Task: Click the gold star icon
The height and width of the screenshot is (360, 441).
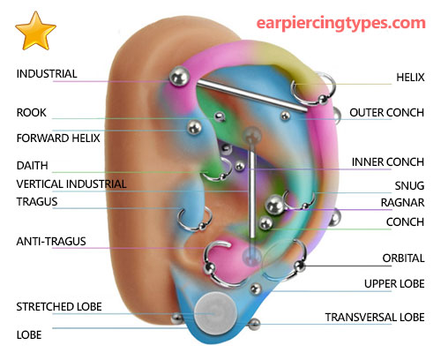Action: pyautogui.click(x=35, y=31)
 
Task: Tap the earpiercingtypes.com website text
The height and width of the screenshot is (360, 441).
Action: pyautogui.click(x=341, y=23)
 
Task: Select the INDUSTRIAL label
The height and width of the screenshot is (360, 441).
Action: pyautogui.click(x=47, y=74)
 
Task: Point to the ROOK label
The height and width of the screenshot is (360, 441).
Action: pyautogui.click(x=32, y=113)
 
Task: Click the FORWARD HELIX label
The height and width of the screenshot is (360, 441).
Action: pyautogui.click(x=58, y=139)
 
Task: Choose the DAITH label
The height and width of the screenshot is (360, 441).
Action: pyautogui.click(x=33, y=166)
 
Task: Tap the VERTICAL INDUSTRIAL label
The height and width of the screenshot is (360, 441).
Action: pyautogui.click(x=71, y=184)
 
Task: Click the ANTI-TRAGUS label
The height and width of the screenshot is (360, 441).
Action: pyautogui.click(x=51, y=242)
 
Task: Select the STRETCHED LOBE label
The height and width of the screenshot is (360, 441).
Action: pyautogui.click(x=59, y=307)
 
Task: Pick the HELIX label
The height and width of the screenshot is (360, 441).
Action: pyautogui.click(x=410, y=78)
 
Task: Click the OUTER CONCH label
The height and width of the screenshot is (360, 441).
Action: pyautogui.click(x=387, y=113)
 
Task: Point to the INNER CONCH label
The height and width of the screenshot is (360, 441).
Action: pyautogui.click(x=388, y=162)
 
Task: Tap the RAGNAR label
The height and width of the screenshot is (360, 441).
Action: pyautogui.click(x=402, y=203)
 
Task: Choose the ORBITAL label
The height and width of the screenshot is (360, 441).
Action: pyautogui.click(x=403, y=259)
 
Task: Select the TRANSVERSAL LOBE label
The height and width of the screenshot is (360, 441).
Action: pyautogui.click(x=375, y=318)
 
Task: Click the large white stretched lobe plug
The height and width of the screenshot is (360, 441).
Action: pyautogui.click(x=216, y=314)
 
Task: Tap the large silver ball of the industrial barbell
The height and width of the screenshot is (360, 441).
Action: pyautogui.click(x=179, y=77)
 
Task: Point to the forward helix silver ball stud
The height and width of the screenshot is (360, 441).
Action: pyautogui.click(x=194, y=128)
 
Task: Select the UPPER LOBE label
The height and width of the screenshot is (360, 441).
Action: pyautogui.click(x=394, y=284)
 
